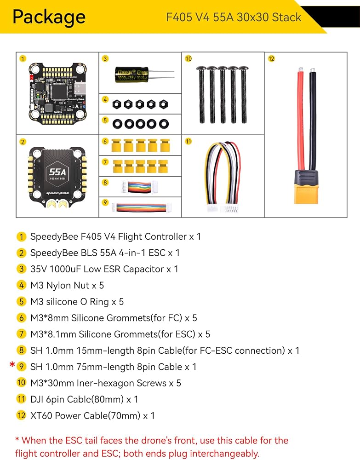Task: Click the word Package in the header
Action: [49, 17]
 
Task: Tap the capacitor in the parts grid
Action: [132, 75]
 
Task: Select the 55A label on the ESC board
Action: [57, 172]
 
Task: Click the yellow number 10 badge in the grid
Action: [188, 59]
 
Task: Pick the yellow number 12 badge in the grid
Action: [271, 59]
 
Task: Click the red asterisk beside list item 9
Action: [12, 365]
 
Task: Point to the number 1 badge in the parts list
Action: [21, 237]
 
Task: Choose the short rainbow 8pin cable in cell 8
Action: [140, 187]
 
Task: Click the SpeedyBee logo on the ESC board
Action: [57, 193]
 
